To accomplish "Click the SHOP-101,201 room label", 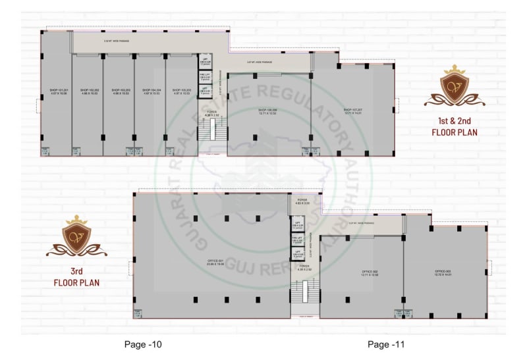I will pos(55,91).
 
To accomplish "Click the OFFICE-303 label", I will pos(446,273).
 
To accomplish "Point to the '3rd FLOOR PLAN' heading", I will pos(76,278).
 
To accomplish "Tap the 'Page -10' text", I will pos(143,344).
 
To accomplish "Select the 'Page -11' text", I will pos(387,344).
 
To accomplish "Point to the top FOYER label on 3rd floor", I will pos(302,201).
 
